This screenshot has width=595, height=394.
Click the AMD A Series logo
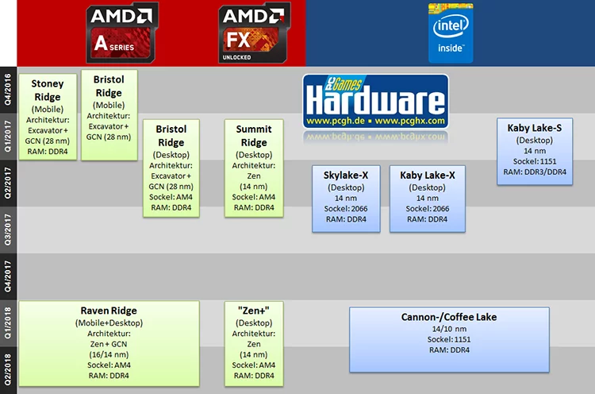[121, 33]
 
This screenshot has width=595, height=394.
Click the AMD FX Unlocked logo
[253, 33]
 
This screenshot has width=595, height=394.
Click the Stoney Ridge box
[48, 117]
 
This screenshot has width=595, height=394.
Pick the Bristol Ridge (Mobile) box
[109, 114]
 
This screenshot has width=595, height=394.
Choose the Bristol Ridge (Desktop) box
[170, 168]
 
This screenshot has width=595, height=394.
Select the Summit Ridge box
[254, 168]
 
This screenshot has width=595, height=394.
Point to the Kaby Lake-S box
[535, 151]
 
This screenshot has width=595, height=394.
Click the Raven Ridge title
[109, 310]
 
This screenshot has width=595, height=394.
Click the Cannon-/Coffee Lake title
[449, 316]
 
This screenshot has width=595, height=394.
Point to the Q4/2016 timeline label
[8, 89]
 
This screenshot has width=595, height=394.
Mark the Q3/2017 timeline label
[8, 229]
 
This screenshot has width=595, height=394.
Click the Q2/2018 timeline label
[8, 369]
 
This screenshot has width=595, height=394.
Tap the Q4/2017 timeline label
[8, 276]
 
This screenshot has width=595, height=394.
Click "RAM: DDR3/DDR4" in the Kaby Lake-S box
[535, 171]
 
